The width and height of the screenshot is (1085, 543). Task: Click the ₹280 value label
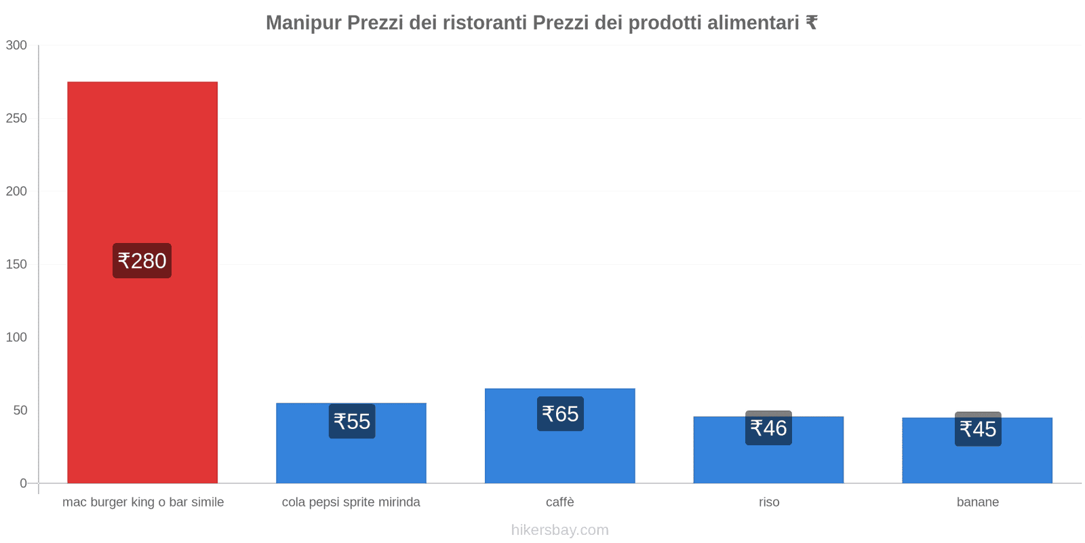(142, 261)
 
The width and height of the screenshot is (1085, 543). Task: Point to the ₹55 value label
(352, 422)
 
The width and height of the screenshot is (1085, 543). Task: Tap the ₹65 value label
(560, 414)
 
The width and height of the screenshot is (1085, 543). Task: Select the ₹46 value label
(768, 428)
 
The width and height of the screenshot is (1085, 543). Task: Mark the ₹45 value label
(978, 429)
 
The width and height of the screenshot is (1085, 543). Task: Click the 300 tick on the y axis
(16, 45)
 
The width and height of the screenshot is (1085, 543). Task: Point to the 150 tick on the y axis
(16, 265)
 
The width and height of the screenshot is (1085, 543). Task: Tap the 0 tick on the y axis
(23, 483)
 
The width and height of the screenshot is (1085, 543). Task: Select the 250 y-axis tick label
(16, 118)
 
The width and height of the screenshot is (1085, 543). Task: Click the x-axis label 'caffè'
(560, 502)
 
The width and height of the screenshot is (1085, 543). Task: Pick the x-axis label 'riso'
(769, 502)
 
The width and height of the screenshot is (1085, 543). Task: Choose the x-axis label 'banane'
(978, 502)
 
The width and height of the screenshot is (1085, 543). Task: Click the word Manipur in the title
(303, 23)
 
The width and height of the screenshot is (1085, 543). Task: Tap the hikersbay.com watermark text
(560, 530)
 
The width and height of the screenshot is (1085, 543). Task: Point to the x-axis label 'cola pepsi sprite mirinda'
(351, 502)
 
